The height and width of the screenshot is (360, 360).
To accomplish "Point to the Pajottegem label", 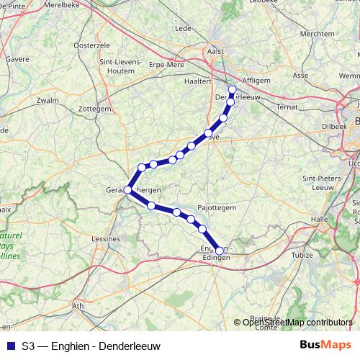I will click(x=217, y=206).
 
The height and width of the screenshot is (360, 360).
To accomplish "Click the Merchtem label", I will click(x=318, y=33).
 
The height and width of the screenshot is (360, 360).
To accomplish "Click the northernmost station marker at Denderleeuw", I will click(x=232, y=90).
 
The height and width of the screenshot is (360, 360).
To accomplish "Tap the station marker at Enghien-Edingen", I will click(x=220, y=251).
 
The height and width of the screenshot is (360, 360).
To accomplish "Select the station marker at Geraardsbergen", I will click(x=127, y=189).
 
